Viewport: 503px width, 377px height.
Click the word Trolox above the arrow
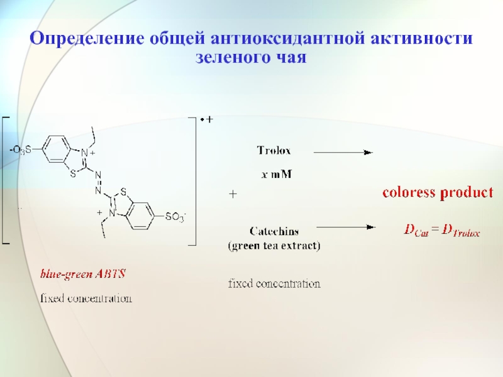coord(274,151)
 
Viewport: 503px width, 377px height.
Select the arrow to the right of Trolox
coord(343,151)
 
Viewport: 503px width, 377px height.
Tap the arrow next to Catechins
coord(345,227)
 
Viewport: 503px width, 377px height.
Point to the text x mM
coord(276,174)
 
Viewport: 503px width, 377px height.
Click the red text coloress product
coord(438,193)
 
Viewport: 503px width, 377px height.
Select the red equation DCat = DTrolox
coord(441,231)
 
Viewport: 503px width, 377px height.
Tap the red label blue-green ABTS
coord(83,274)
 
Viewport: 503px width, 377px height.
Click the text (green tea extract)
coord(274,246)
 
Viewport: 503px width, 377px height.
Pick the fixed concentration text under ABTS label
coord(86,298)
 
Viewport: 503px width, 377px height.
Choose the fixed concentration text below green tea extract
coord(274,284)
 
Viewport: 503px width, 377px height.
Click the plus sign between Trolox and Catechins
coord(232,195)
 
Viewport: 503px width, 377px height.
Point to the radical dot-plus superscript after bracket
coord(207,119)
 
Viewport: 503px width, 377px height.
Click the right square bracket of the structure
coord(195,179)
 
